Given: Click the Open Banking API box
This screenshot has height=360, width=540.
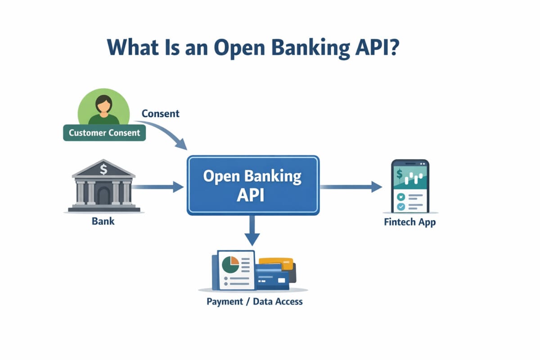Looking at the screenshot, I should point(252,184).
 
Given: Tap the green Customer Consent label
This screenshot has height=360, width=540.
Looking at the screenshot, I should point(104,133).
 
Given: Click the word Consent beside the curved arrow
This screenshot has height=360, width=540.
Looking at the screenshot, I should point(160,113).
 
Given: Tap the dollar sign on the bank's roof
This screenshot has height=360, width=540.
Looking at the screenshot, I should point(104,170).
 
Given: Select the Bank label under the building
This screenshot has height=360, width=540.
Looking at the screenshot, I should point(103,221).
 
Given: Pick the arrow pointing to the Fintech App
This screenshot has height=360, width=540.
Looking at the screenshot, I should point(351,186).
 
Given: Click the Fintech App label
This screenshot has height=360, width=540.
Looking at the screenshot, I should point(410,222).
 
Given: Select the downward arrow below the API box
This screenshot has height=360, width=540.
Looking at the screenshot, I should point(253,229).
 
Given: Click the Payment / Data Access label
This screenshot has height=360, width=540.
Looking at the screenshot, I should point(255,301).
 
